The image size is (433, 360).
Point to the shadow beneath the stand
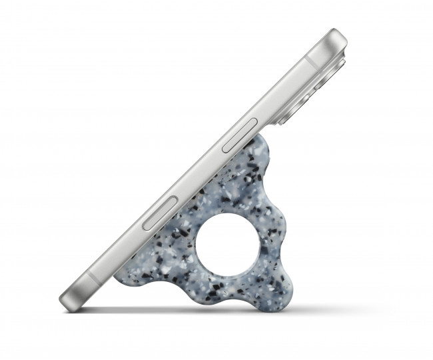tap(200, 309)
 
